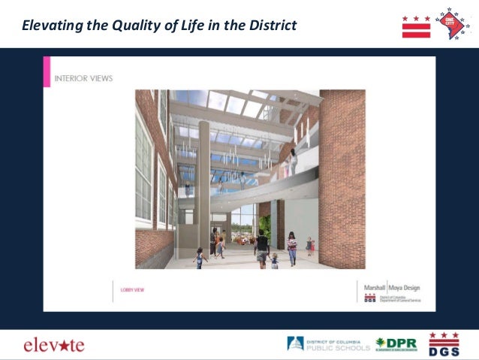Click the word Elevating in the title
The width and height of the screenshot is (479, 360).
tap(50, 26)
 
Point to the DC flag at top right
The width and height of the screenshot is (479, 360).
tap(416, 26)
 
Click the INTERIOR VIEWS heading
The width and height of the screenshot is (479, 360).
tap(84, 77)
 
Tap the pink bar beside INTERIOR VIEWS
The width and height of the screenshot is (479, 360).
tap(47, 71)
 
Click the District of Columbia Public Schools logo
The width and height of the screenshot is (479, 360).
tap(328, 344)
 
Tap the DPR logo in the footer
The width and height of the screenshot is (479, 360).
tap(396, 344)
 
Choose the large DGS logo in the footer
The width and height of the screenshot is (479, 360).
tap(444, 343)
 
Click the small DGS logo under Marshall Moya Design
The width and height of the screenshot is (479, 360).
tap(370, 298)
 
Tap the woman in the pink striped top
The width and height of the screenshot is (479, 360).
tap(291, 248)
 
